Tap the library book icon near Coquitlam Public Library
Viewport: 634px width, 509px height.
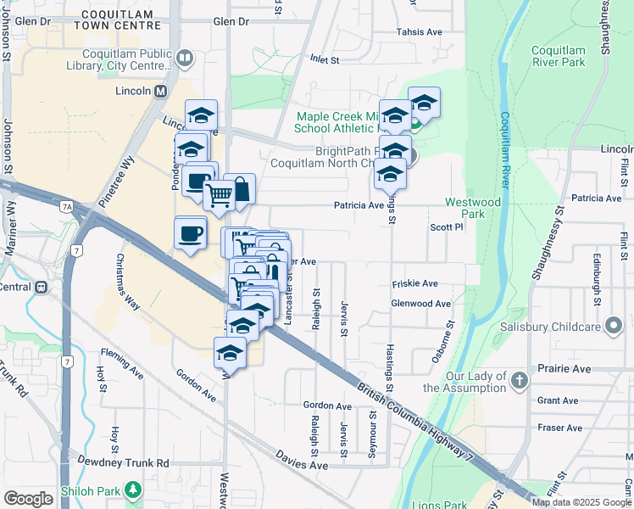186,59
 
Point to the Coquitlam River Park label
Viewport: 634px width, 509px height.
559,56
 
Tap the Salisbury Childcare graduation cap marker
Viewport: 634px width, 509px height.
615,326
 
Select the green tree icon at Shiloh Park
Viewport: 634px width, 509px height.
132,489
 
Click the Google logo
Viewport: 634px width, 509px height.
28,499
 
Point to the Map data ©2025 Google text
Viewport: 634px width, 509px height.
581,502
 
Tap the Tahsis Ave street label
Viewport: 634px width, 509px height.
420,32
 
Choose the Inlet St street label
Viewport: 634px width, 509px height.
324,60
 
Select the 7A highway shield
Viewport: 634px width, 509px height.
66,205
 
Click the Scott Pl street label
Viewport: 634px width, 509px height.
447,227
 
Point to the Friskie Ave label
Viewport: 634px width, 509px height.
414,283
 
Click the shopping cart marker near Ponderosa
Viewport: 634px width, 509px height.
219,194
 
